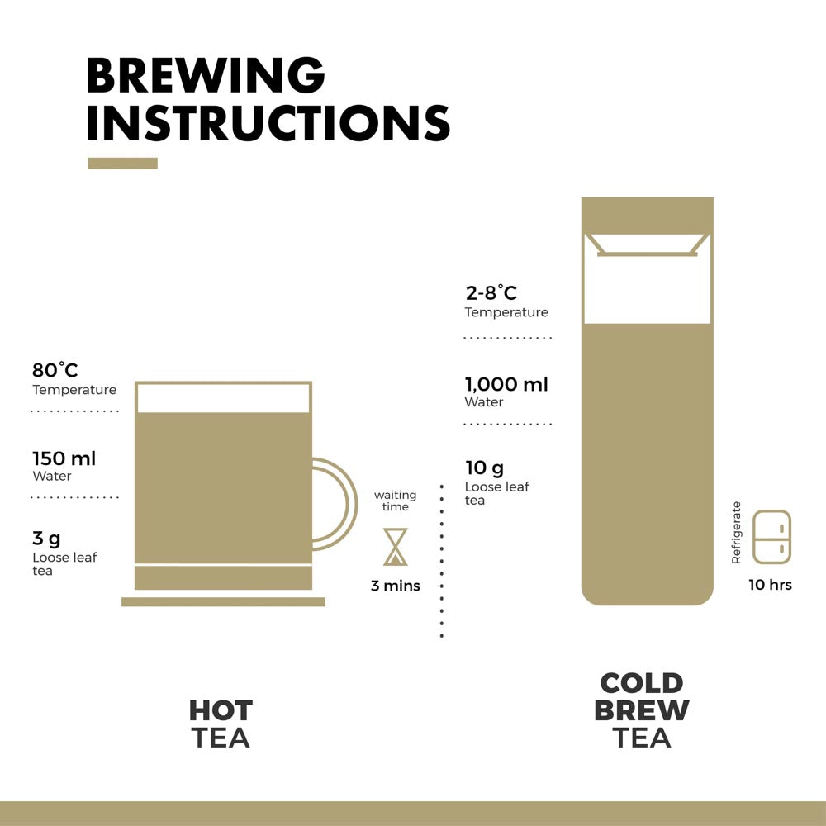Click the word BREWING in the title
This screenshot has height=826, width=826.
click(206, 76)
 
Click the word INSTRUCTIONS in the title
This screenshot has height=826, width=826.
click(268, 123)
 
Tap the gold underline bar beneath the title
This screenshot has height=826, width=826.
click(122, 164)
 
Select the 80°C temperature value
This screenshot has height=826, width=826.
click(55, 370)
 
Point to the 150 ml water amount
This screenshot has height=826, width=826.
click(64, 458)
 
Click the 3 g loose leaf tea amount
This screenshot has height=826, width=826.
click(46, 539)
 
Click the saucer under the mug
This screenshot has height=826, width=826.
click(223, 601)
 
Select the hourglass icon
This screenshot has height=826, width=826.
click(396, 547)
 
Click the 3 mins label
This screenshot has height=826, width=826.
click(395, 586)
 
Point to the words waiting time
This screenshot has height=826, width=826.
click(395, 501)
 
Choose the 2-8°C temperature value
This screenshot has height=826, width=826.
click(491, 292)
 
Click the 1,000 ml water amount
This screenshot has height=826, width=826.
click(506, 384)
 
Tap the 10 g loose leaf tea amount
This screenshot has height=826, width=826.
click(484, 468)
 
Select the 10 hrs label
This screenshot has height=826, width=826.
click(770, 585)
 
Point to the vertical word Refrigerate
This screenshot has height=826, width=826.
click(737, 533)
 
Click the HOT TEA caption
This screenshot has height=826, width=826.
click(221, 724)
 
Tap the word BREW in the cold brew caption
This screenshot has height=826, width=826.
click(642, 710)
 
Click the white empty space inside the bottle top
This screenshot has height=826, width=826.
click(647, 289)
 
